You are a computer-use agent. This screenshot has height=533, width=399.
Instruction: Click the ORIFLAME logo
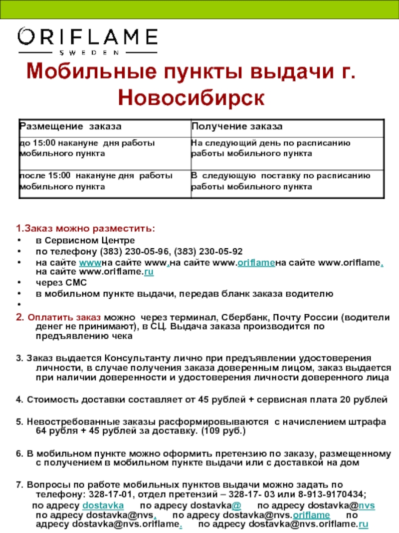[87, 37]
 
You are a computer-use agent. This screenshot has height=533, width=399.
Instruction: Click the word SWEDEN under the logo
[87, 52]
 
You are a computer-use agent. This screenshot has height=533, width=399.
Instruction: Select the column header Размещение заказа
[70, 127]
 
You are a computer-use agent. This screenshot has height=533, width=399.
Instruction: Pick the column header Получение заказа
[237, 127]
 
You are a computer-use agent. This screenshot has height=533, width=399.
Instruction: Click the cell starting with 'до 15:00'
[87, 148]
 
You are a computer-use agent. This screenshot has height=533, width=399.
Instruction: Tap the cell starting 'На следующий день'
[271, 148]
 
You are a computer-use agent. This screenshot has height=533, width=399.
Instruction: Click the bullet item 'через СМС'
[54, 283]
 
